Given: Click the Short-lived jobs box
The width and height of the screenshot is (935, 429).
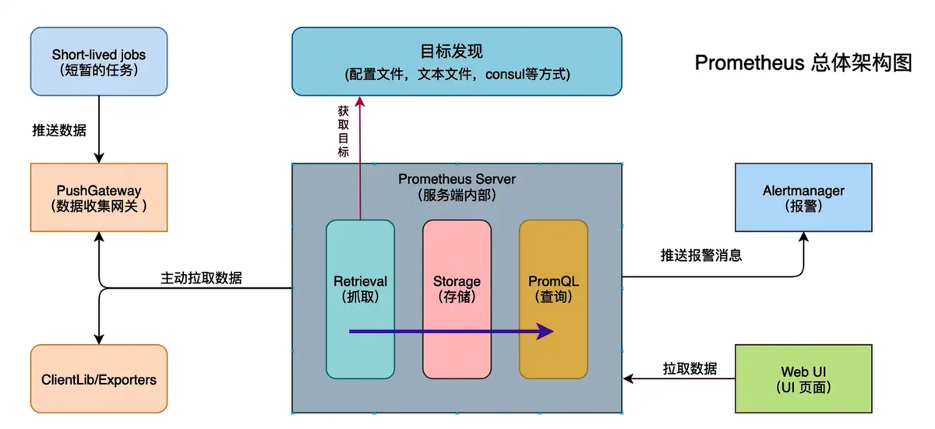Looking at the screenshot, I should [99, 62].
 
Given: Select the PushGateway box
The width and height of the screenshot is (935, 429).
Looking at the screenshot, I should [99, 197].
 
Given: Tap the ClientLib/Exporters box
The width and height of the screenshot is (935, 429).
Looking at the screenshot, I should [99, 379].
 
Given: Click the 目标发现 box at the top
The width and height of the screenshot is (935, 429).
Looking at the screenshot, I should [457, 62].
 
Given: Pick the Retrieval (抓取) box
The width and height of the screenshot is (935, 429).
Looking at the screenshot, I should [360, 300].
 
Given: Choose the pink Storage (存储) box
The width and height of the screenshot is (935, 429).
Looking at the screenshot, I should [457, 300].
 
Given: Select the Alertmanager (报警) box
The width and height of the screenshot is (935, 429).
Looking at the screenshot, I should [803, 197].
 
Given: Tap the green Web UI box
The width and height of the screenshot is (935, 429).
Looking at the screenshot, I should [803, 378].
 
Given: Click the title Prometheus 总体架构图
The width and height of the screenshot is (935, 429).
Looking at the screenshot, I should [803, 63].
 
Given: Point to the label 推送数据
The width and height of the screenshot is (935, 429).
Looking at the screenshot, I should [59, 129].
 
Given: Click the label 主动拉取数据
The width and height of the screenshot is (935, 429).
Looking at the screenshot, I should [201, 277].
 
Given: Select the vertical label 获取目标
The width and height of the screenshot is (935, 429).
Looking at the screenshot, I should [343, 131].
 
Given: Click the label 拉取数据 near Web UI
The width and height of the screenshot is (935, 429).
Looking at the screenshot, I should [690, 368].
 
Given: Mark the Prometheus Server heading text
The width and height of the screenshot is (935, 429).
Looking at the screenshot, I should [457, 179].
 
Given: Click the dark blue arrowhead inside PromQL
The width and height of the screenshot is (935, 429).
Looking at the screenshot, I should [545, 332].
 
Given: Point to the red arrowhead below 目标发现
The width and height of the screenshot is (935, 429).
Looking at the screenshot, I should [360, 102].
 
